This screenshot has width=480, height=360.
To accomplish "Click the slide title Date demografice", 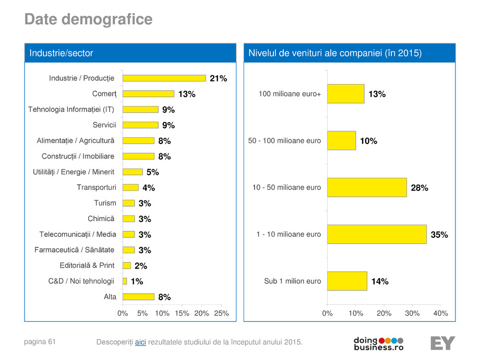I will point(88,20).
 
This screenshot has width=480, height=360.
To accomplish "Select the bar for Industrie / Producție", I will point(164,78).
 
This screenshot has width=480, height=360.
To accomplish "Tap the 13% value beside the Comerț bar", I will point(186,94).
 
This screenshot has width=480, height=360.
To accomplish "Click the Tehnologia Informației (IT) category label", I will point(71,109).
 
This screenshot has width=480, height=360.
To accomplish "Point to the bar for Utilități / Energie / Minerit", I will point(133,172).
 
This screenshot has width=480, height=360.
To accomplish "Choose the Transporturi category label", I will point(97,187).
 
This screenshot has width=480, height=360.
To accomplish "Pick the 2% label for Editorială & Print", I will point(140,266).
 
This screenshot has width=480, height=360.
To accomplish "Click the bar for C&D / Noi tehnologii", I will point(125,281).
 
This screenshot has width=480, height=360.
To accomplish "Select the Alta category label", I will point(110,297).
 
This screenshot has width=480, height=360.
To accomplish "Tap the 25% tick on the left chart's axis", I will point(222,314).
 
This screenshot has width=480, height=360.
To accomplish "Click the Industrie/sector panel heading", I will point(61,53).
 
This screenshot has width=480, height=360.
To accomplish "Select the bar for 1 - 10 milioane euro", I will point(377,234).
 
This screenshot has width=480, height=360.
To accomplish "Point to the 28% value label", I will point(419,188).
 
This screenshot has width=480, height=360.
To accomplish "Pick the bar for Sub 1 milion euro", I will point(347,281).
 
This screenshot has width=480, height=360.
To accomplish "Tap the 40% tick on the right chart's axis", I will point(440,314).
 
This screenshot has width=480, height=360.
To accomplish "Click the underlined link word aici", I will point(140,342).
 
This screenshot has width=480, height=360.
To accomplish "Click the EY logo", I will point(442,343).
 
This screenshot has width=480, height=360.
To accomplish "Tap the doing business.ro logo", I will point(378,343).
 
